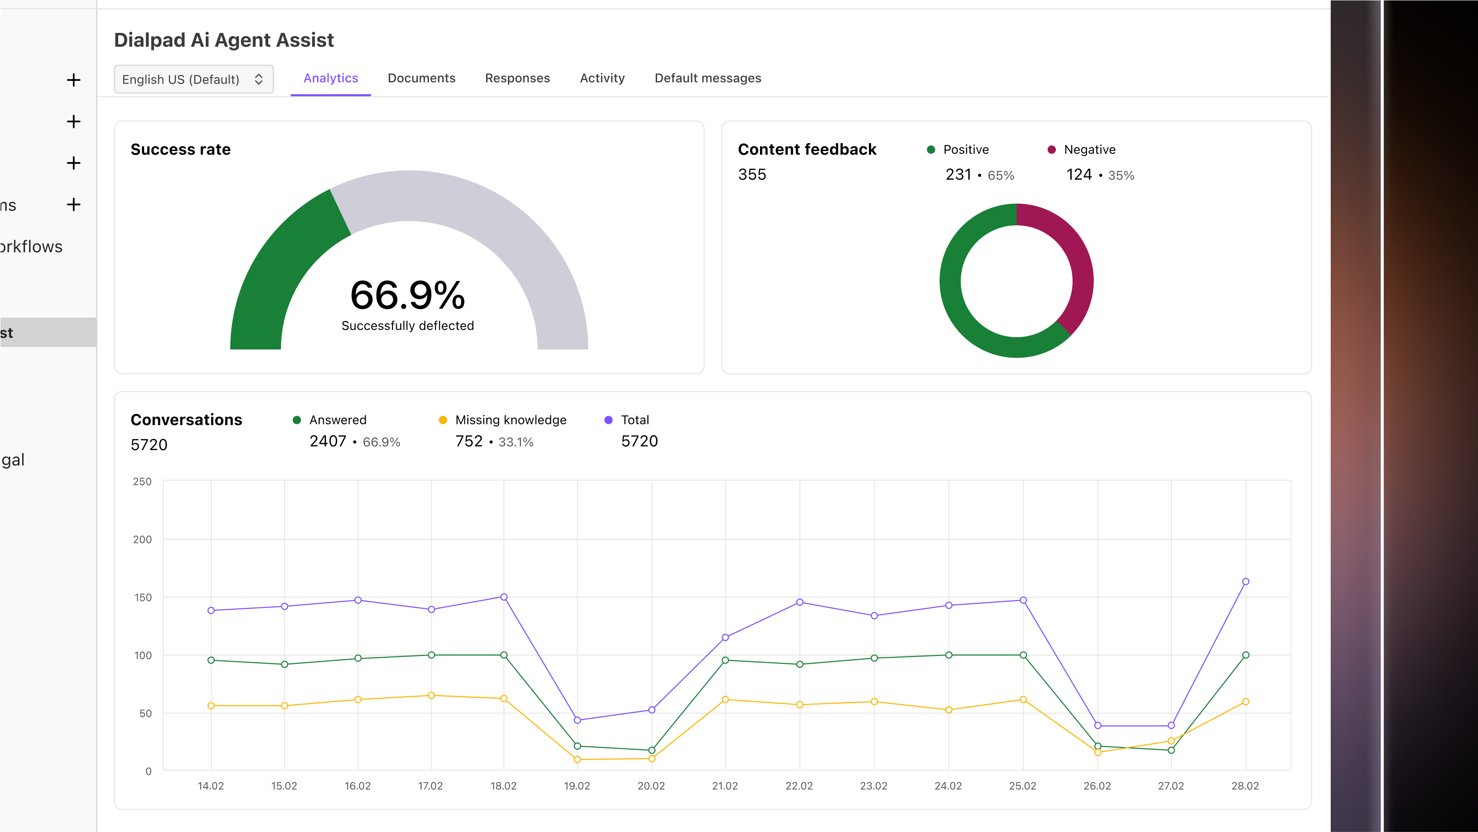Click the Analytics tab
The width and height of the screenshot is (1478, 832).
pos(331,78)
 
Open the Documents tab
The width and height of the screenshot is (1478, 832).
pos(421,78)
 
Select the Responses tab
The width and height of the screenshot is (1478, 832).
pos(517,78)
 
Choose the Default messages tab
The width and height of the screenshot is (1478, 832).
pos(707,78)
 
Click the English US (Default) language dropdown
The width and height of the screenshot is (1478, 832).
pos(193,79)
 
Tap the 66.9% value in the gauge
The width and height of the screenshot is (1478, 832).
pos(407,295)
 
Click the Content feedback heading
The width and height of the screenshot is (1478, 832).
pos(807,149)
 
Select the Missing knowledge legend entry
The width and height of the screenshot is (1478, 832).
pos(510,420)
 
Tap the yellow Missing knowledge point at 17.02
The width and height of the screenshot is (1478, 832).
pos(431,695)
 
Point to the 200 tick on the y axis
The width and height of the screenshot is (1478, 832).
pos(142,539)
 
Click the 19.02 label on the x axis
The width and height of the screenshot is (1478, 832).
pos(577,785)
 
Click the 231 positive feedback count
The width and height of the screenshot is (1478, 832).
pos(958,175)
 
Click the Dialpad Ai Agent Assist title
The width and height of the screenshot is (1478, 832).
pos(224,40)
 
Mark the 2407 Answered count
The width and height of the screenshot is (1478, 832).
pos(328,441)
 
